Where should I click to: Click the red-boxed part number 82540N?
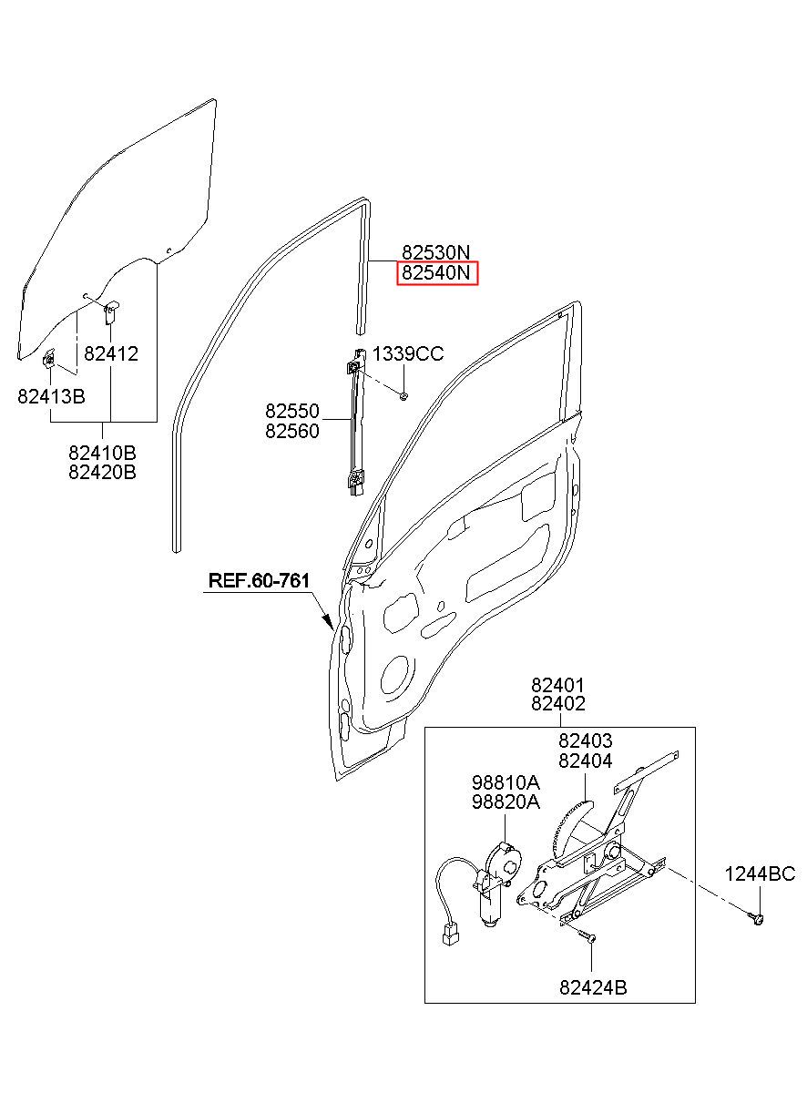point(436,273)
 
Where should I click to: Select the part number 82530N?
point(436,252)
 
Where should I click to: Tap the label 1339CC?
point(408,353)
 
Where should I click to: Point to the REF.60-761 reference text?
point(259,580)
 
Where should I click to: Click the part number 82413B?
point(51,396)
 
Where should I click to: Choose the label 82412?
point(111,353)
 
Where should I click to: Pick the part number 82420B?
point(102,472)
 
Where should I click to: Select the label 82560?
point(292,431)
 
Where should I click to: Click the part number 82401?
point(557,685)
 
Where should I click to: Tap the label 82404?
point(586,761)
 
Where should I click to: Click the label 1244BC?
point(760,874)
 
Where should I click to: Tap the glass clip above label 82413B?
point(49,359)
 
